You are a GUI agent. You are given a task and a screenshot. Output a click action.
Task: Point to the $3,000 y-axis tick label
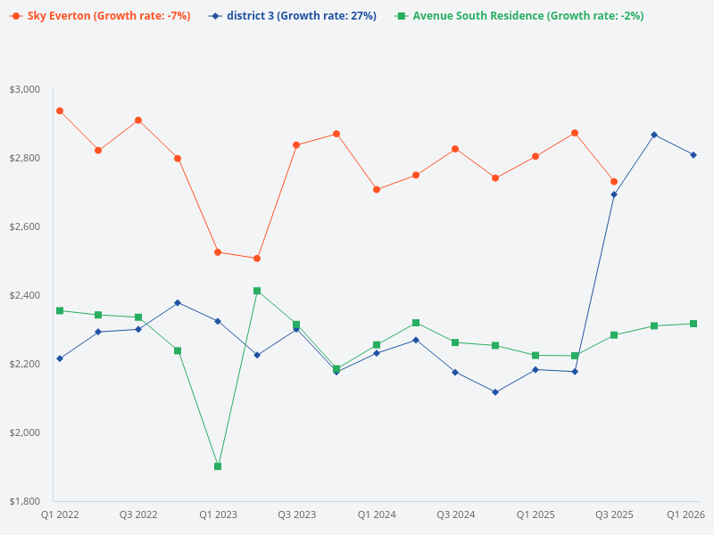pyautogui.click(x=25, y=89)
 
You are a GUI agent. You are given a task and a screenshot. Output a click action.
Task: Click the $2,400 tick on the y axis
pyautogui.click(x=25, y=295)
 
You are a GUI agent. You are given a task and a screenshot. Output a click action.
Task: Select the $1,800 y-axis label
pyautogui.click(x=25, y=501)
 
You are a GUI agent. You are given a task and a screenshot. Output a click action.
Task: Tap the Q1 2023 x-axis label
pyautogui.click(x=218, y=514)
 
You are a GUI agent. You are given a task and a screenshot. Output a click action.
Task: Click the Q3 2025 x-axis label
pyautogui.click(x=614, y=514)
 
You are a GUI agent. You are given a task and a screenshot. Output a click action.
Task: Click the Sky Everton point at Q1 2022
pyautogui.click(x=59, y=111)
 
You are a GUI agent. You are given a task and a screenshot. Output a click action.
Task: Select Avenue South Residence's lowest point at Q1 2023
pyautogui.click(x=218, y=466)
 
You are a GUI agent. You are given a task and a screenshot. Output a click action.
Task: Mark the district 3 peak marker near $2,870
pyautogui.click(x=654, y=135)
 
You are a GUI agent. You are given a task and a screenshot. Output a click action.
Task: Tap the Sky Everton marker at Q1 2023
pyautogui.click(x=218, y=252)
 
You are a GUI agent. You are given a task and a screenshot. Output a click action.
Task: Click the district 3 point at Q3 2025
pyautogui.click(x=614, y=194)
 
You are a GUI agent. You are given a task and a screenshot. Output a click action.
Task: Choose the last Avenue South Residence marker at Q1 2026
pyautogui.click(x=693, y=324)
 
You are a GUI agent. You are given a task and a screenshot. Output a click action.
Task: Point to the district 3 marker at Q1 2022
pyautogui.click(x=59, y=358)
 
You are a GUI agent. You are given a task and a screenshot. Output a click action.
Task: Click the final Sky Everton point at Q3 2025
pyautogui.click(x=614, y=182)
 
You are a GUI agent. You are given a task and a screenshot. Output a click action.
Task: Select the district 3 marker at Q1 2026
pyautogui.click(x=693, y=155)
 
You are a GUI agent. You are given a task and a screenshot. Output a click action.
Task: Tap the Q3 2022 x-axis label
pyautogui.click(x=138, y=514)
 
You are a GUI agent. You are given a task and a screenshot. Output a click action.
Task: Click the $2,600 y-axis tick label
pyautogui.click(x=25, y=226)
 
